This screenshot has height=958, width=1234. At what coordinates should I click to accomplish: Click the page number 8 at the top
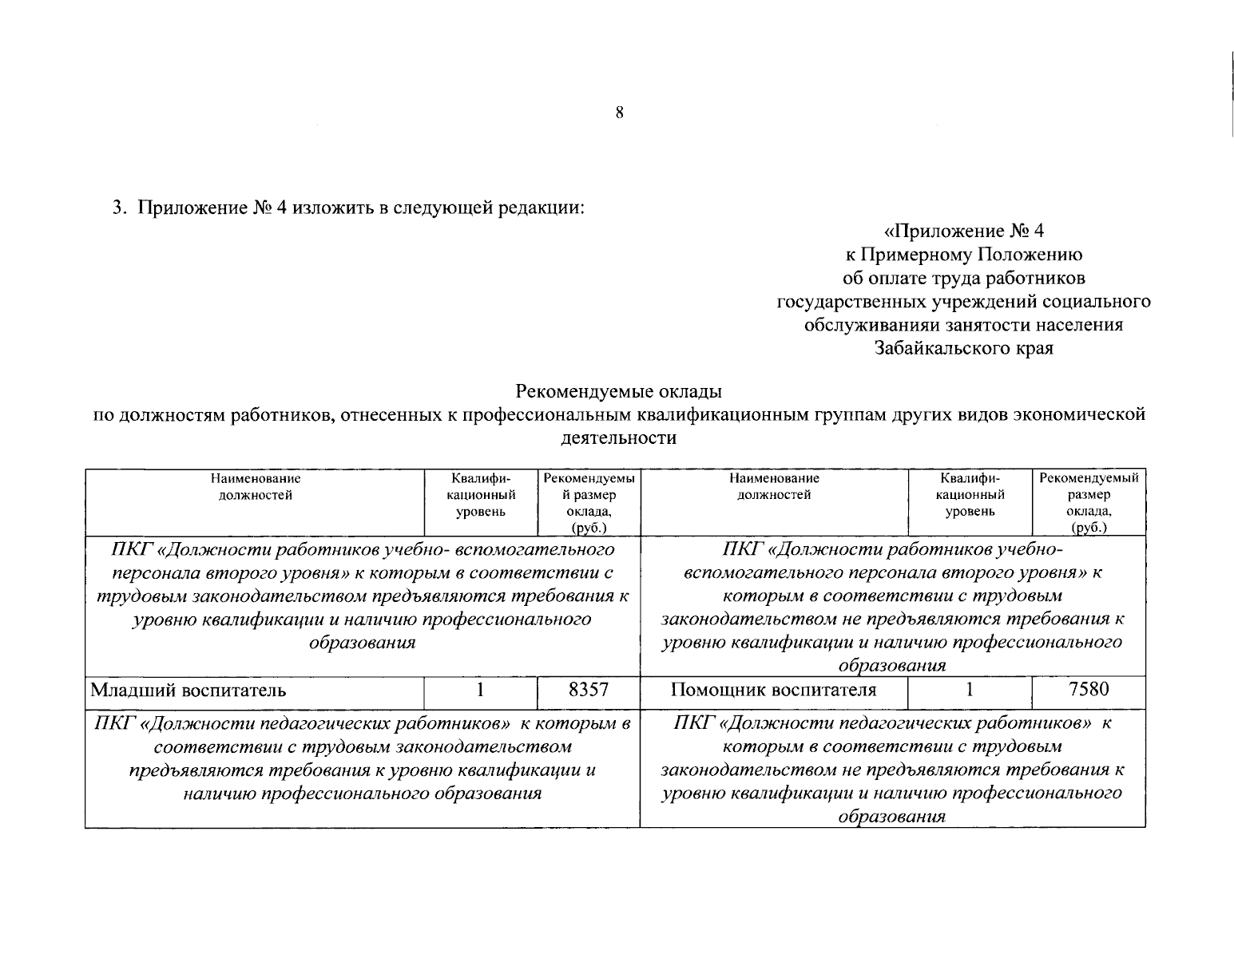click(x=619, y=113)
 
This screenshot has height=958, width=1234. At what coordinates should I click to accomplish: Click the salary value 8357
click(x=589, y=690)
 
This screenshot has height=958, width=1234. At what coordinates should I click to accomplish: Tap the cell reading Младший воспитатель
click(x=188, y=691)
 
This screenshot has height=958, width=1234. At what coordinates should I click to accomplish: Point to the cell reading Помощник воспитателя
click(x=773, y=691)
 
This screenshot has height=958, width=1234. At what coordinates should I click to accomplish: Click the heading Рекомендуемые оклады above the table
click(x=619, y=391)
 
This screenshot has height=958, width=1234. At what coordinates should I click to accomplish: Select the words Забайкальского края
click(x=963, y=348)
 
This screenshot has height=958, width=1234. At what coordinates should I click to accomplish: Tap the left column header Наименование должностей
click(x=256, y=487)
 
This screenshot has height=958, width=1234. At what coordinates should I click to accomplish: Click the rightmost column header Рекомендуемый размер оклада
click(x=1089, y=502)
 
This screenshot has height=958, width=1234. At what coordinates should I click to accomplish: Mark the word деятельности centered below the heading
click(x=619, y=438)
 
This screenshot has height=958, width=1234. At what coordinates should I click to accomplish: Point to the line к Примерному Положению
click(x=963, y=255)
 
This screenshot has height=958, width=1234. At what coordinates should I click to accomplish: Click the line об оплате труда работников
click(x=963, y=278)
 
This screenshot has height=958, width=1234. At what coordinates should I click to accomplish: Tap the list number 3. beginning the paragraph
click(x=119, y=208)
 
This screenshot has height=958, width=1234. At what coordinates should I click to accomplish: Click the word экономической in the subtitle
click(x=1079, y=414)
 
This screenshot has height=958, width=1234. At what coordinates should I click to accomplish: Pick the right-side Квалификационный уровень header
click(x=970, y=495)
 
